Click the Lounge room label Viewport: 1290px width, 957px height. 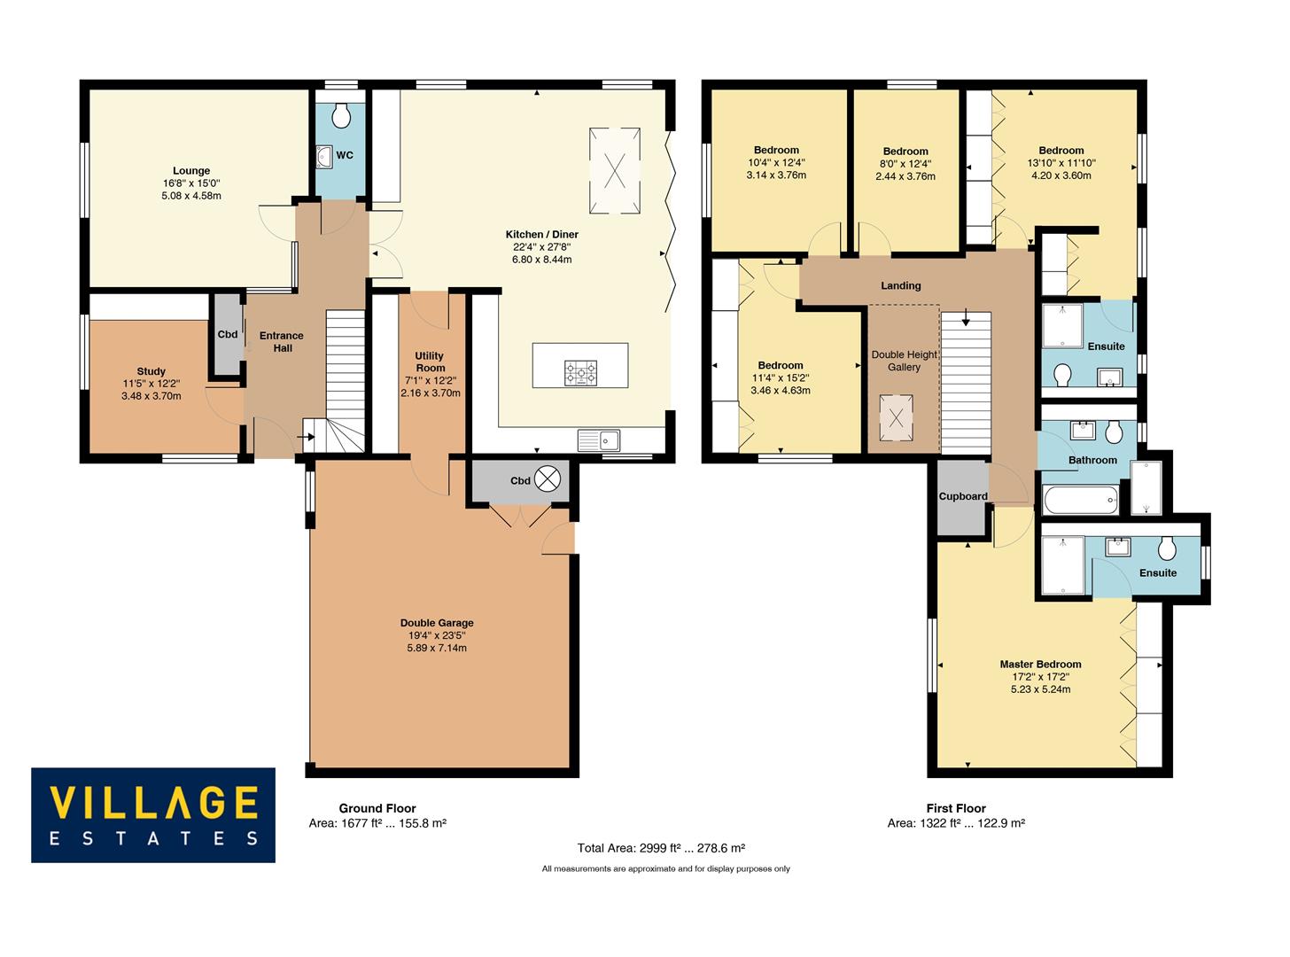[x=191, y=171]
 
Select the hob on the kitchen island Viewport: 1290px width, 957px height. [x=580, y=373]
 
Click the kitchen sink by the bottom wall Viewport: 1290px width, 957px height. [x=600, y=440]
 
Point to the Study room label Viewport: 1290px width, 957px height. [x=152, y=371]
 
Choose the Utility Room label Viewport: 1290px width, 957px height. [x=430, y=362]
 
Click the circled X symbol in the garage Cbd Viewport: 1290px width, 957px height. [x=548, y=479]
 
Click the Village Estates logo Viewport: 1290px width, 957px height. [x=153, y=814]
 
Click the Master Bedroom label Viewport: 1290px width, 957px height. [x=1040, y=665]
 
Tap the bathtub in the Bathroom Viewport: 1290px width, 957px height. [x=1081, y=502]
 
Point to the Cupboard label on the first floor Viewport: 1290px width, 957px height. [x=963, y=496]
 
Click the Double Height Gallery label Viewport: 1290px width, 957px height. [x=904, y=361]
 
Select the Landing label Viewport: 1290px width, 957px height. [x=900, y=285]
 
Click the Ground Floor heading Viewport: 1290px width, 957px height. [x=377, y=808]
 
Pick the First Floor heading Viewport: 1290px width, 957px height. [x=956, y=808]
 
